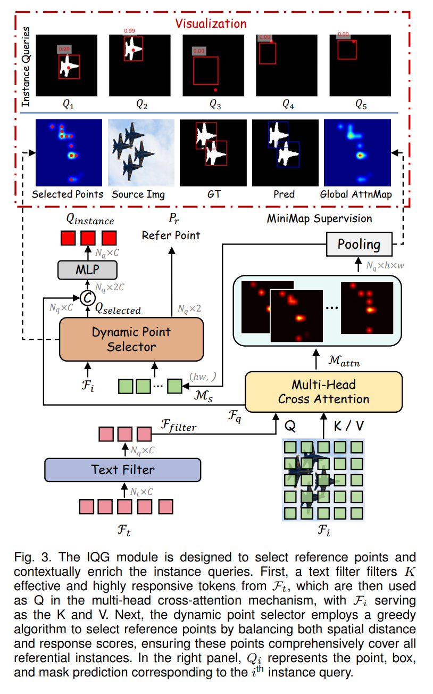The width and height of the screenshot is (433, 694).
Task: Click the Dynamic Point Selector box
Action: tap(131, 339)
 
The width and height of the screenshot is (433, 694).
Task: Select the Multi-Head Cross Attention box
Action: tap(323, 391)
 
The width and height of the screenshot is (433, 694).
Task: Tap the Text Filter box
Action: tap(122, 469)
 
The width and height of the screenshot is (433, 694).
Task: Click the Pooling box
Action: tap(359, 244)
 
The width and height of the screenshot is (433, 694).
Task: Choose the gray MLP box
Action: tap(87, 270)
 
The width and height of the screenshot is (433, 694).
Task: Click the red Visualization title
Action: tap(211, 23)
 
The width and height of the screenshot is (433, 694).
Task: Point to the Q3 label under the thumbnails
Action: tap(214, 104)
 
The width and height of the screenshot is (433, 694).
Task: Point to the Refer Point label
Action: tap(171, 234)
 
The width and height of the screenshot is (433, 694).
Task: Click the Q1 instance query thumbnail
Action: tap(68, 65)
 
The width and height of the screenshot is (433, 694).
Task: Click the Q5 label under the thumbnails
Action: tap(361, 104)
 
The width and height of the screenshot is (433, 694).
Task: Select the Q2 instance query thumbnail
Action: tap(141, 65)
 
